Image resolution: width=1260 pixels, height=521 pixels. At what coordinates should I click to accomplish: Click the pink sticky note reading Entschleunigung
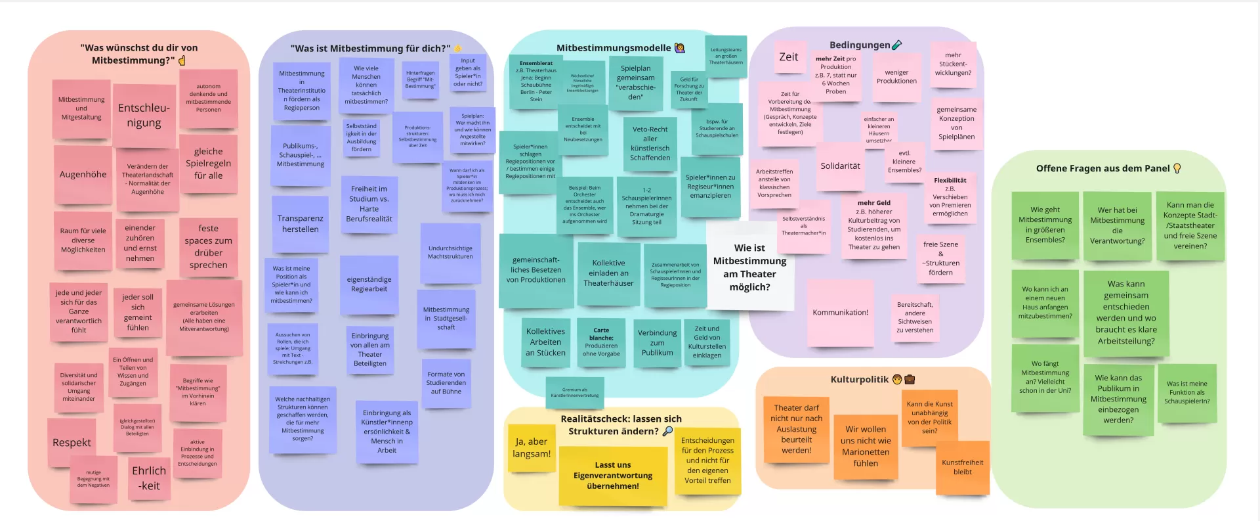pos(144,116)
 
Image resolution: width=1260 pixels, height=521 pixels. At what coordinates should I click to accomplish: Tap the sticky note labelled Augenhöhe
pos(83,175)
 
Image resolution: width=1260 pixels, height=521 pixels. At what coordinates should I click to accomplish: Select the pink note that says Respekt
pos(72,443)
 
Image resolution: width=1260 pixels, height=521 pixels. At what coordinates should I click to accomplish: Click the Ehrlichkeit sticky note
pos(149,478)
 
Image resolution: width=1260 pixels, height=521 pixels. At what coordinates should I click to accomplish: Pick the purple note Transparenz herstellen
pos(300,224)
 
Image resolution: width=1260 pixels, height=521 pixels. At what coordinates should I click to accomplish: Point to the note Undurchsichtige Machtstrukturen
pos(450,252)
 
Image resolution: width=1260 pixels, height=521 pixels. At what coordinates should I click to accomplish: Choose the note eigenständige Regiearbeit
pos(369,284)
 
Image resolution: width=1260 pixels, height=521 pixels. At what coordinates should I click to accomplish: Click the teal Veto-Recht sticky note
pos(650,144)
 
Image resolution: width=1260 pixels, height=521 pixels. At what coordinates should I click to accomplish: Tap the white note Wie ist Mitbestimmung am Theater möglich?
pos(749,267)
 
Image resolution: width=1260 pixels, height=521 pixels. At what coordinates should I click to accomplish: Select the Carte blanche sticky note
pos(601,342)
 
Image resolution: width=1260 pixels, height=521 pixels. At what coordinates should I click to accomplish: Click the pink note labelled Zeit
pos(788,57)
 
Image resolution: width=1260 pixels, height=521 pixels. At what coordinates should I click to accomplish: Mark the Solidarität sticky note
pos(840,166)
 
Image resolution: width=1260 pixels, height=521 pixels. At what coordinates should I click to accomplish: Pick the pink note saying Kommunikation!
pos(840,313)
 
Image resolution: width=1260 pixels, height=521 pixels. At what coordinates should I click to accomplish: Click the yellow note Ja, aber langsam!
pos(532,448)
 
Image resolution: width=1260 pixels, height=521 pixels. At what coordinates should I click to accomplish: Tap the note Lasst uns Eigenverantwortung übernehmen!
pos(613,476)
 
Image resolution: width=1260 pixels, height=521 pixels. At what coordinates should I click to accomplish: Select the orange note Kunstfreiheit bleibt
pos(962,467)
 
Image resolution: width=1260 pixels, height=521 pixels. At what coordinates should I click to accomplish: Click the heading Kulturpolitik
pos(859,380)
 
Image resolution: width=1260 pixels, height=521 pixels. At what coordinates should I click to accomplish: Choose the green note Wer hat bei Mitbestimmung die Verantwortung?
pos(1117,225)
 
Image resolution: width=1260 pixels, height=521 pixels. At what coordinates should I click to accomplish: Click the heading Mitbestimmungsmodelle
pos(614,48)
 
